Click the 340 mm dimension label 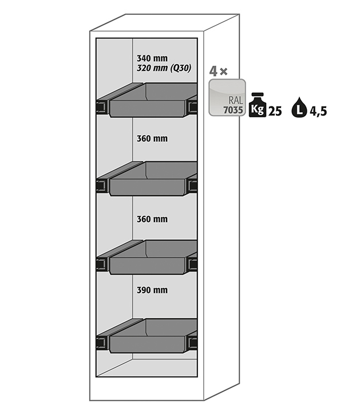click(152, 58)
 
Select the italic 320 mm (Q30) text click(164, 68)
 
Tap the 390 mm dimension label click(152, 290)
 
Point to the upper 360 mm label click(152, 139)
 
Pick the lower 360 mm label click(152, 219)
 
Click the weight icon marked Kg click(258, 105)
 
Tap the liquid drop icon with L click(299, 107)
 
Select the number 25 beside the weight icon click(275, 112)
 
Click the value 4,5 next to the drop click(318, 112)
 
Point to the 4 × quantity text click(218, 71)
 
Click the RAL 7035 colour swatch click(227, 97)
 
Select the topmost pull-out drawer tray click(153, 100)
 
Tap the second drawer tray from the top click(153, 179)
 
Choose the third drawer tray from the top click(153, 257)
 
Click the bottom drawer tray click(153, 336)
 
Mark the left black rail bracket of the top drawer click(102, 107)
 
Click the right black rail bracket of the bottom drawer click(192, 342)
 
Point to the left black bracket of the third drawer click(102, 264)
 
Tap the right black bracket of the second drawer click(192, 185)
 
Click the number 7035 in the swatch click(233, 110)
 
